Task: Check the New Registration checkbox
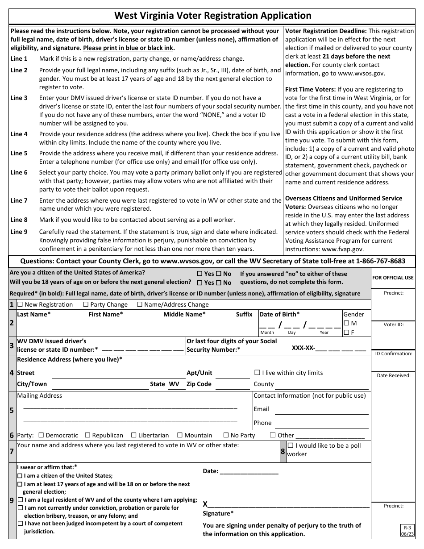[20, 305]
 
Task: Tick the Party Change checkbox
[86, 305]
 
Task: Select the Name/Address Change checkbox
[140, 305]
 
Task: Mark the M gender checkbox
[346, 323]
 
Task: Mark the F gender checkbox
[346, 332]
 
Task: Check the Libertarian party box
[134, 435]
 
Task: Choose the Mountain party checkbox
[180, 435]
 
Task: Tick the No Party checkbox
[226, 435]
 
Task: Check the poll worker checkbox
[291, 446]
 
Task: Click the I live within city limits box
[257, 373]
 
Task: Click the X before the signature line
[205, 504]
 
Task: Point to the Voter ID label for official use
[393, 324]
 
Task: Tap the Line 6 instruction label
[19, 172]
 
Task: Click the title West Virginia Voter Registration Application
[212, 16]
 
